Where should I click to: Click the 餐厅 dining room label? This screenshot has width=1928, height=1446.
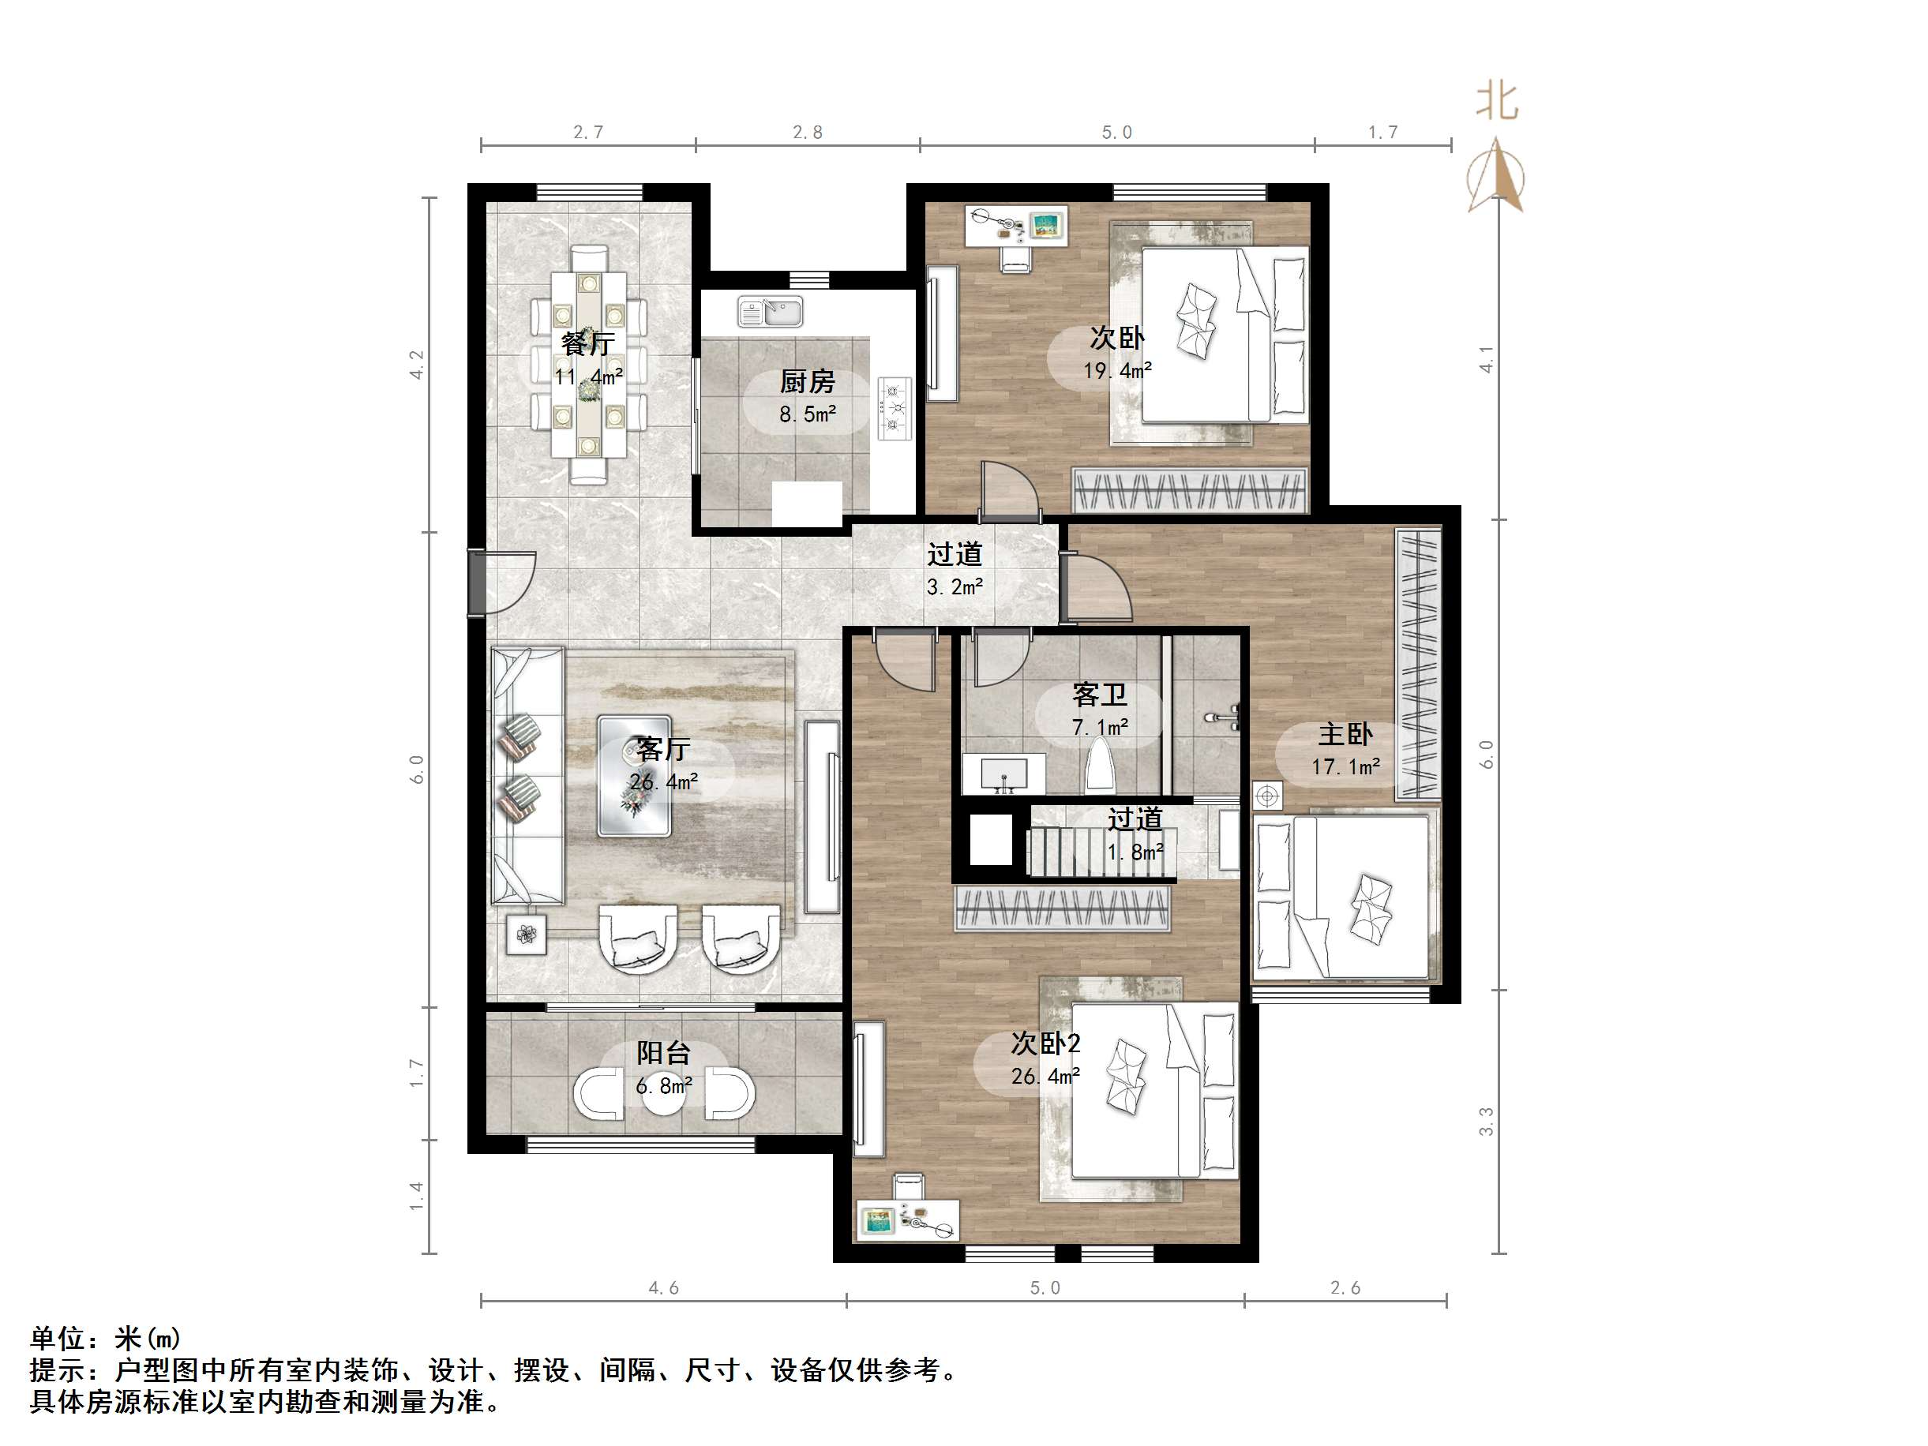[587, 343]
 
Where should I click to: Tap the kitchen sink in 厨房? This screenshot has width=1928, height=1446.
[770, 311]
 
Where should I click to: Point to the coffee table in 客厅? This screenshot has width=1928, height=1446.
[634, 776]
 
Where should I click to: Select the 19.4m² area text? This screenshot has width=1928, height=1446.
[1117, 370]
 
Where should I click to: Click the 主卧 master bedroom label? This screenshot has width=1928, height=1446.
[1345, 734]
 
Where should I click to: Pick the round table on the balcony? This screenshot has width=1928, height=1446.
[664, 1096]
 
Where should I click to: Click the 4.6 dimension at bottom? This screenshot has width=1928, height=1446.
[663, 1287]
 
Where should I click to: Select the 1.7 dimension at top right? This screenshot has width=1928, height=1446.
[1382, 133]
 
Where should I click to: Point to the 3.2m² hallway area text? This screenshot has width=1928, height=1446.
[955, 587]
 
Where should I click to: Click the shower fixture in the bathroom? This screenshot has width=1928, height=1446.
[1224, 718]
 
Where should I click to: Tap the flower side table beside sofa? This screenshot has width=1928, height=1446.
[527, 935]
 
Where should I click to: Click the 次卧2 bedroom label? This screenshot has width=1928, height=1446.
[1045, 1043]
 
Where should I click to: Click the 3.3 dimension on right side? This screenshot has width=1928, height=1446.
[1486, 1121]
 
